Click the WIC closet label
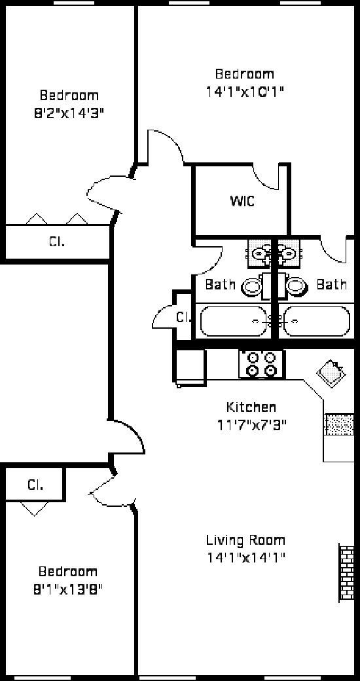click(242, 202)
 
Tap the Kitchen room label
click(251, 407)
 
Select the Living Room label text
click(246, 540)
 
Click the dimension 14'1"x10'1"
click(246, 92)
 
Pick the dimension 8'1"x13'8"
click(67, 589)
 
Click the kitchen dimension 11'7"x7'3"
click(252, 424)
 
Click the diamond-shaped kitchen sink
click(331, 372)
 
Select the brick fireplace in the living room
click(346, 573)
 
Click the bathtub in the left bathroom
click(234, 322)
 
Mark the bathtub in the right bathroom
click(317, 322)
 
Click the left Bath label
click(220, 285)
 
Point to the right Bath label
click(332, 285)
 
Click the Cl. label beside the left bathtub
click(184, 318)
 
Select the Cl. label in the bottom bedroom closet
click(35, 485)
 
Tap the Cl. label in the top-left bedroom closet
click(56, 242)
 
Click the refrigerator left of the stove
click(190, 367)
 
